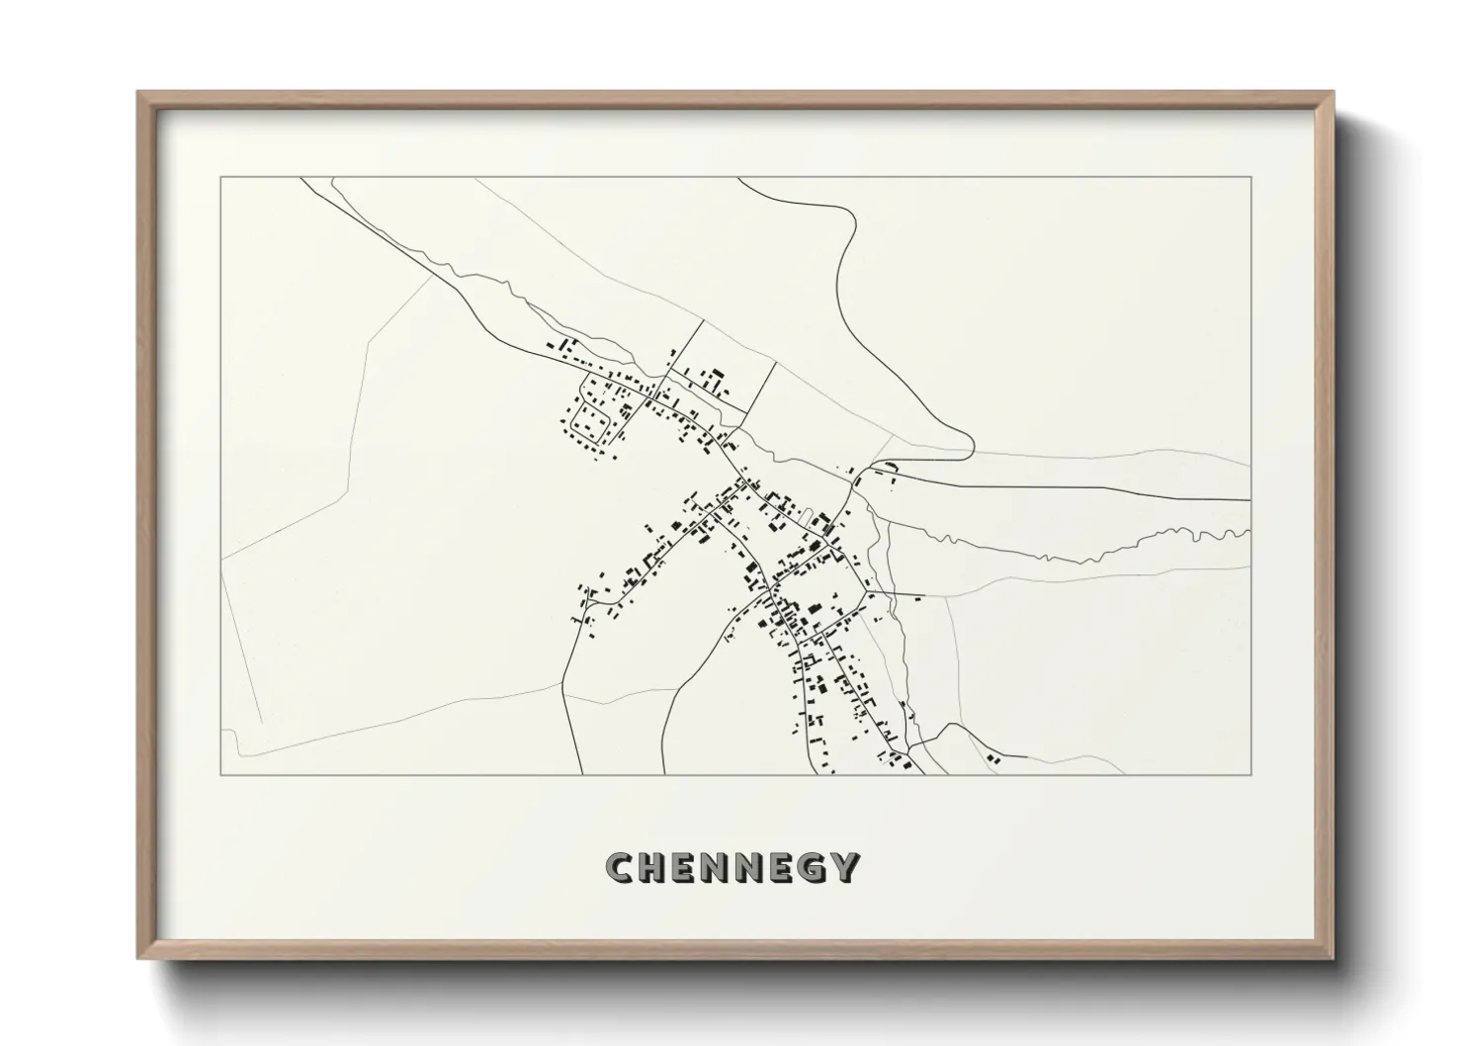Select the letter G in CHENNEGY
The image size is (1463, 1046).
(x=810, y=867)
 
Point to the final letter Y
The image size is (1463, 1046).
(x=843, y=867)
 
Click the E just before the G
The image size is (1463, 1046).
(x=779, y=867)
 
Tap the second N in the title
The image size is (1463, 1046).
(x=748, y=867)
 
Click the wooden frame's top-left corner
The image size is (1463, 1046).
(x=138, y=93)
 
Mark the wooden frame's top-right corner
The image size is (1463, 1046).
(x=1333, y=93)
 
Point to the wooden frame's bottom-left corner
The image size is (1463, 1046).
(x=138, y=957)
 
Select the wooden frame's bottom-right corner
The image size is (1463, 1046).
(x=1333, y=957)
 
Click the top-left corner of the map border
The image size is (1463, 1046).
(x=219, y=178)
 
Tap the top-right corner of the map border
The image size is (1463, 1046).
(x=1250, y=178)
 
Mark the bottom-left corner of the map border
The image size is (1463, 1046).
(x=219, y=774)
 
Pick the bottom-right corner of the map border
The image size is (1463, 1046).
(x=1250, y=774)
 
